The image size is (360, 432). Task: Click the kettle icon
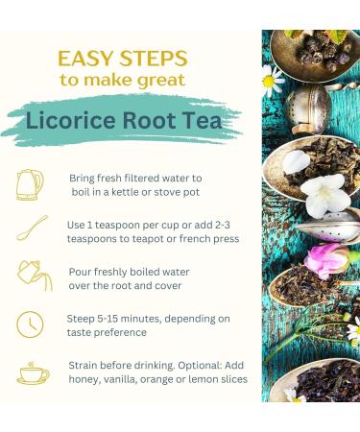(30, 184)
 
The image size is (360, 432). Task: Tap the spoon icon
(32, 229)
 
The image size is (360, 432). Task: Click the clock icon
(31, 324)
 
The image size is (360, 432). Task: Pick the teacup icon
(33, 372)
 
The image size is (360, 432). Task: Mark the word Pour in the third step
(82, 271)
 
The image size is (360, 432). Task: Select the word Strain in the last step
(85, 365)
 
